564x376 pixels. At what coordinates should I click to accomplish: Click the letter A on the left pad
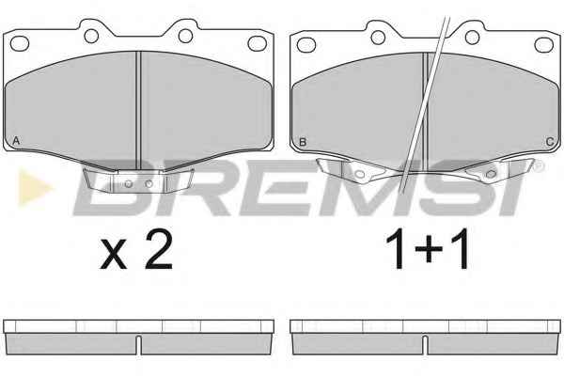16,141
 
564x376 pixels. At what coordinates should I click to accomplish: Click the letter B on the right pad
303,142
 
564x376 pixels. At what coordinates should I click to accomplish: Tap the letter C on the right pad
549,142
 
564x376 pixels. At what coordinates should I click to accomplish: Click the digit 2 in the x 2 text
159,248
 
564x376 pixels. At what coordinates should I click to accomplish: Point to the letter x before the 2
114,254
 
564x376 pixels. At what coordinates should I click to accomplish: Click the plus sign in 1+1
428,248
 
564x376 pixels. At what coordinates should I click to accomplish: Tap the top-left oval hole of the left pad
20,43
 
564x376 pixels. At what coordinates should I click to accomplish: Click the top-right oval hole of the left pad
258,43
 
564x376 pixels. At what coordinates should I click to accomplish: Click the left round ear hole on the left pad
91,36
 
